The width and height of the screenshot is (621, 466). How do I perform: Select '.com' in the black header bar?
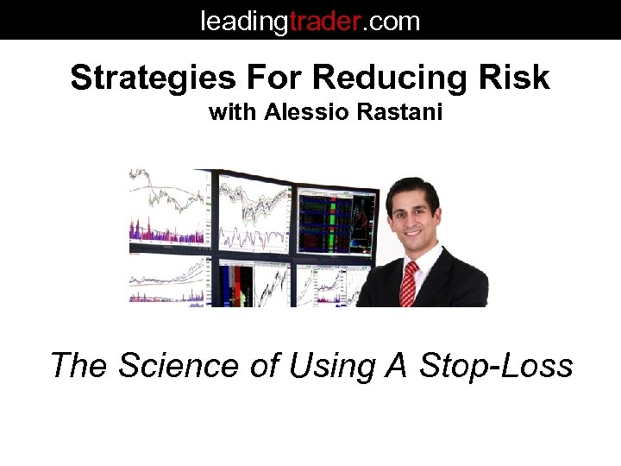click(x=391, y=20)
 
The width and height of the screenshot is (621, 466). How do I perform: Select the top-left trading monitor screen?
click(x=169, y=211)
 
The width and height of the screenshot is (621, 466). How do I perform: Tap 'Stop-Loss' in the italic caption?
click(x=496, y=365)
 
